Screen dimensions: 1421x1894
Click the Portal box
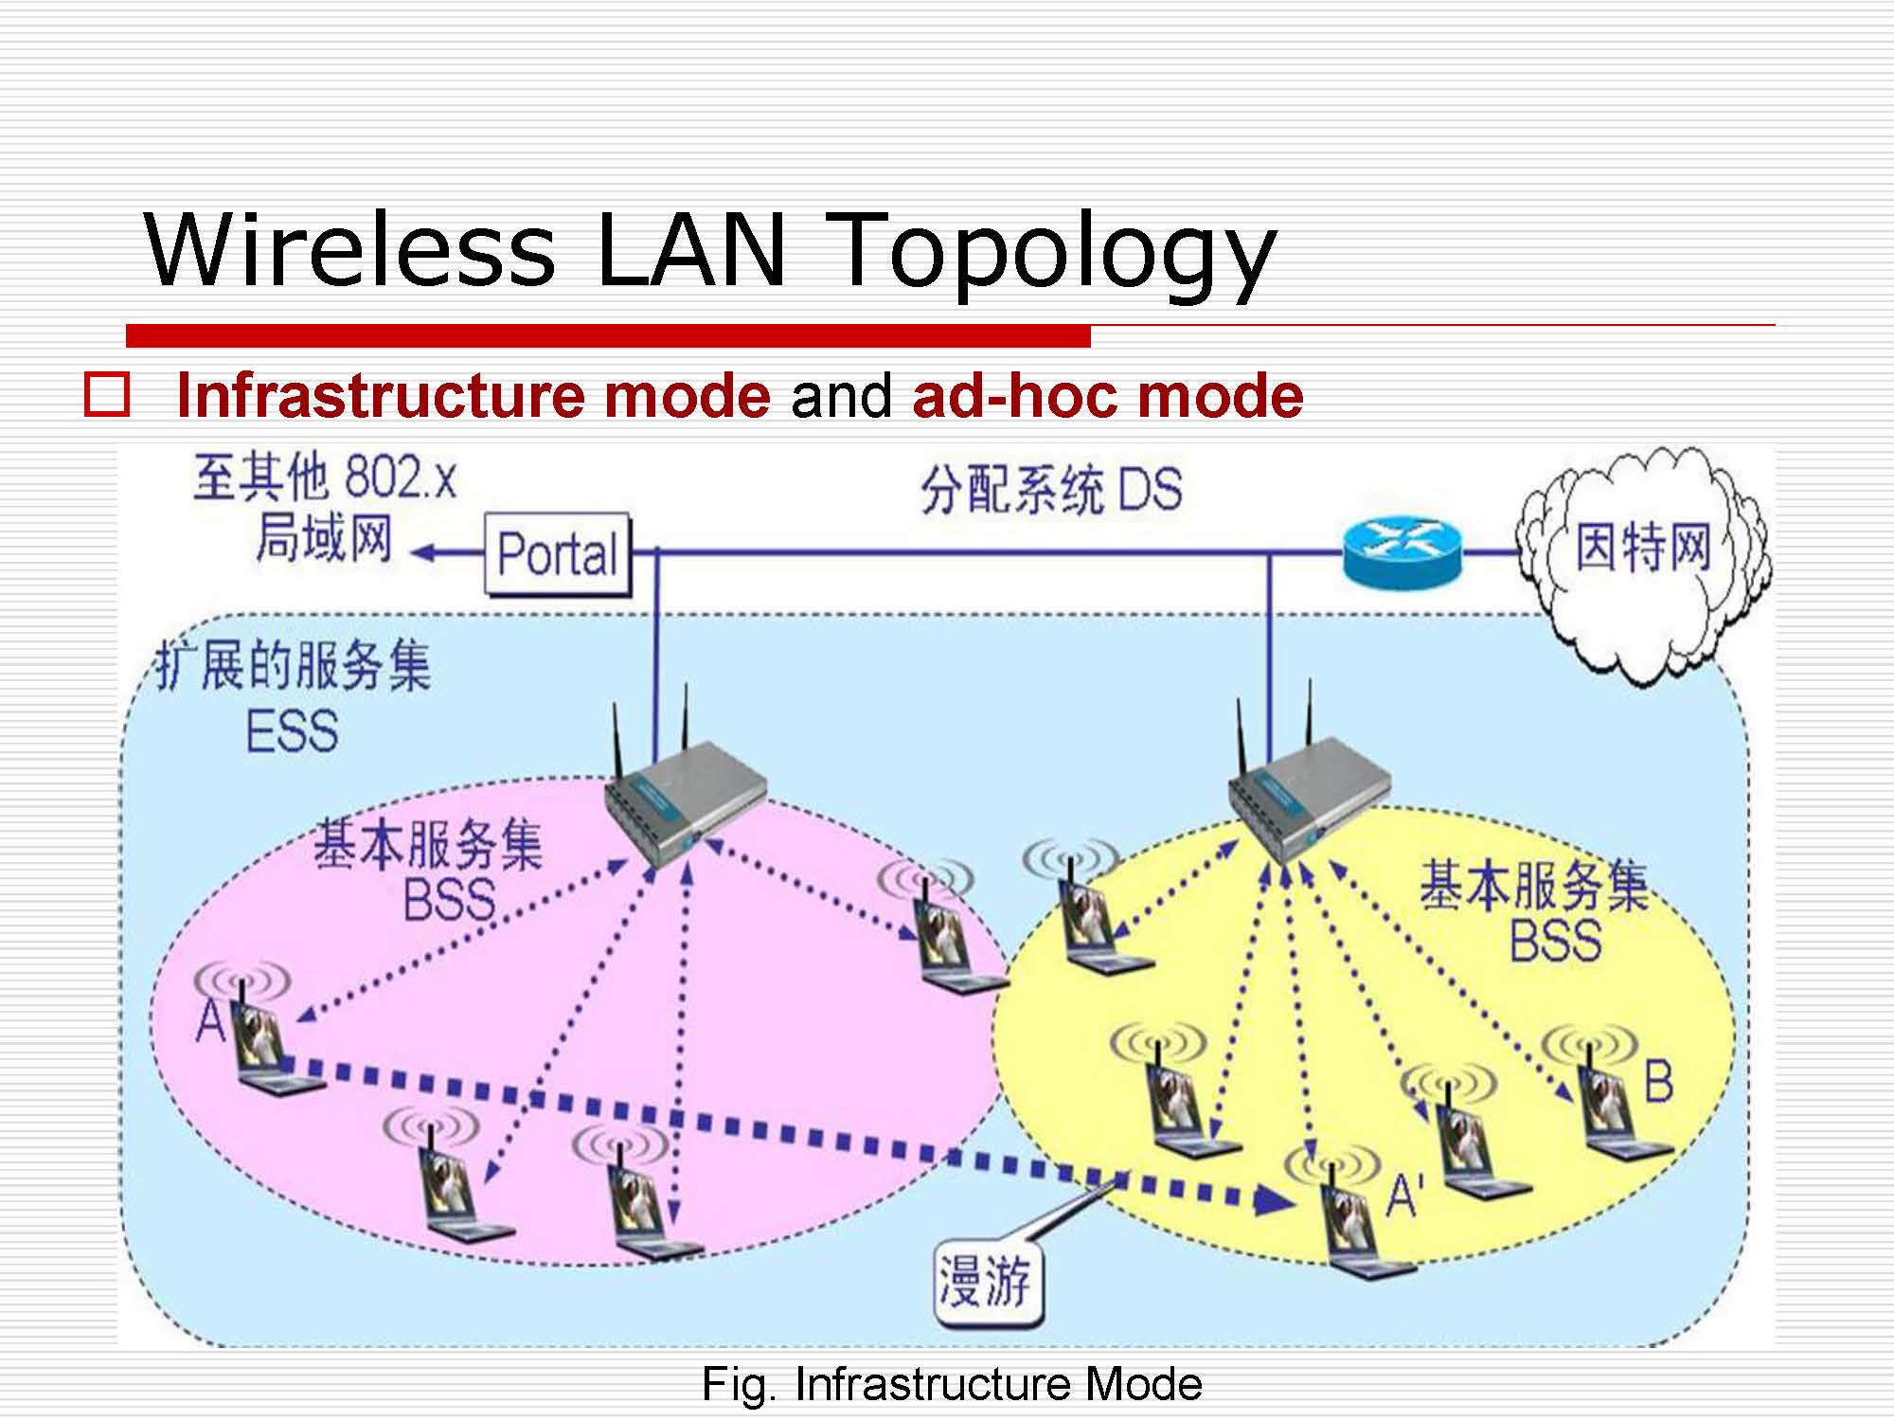coord(557,554)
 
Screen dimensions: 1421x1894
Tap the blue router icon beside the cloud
coord(1403,552)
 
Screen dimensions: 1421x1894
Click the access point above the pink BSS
coord(684,805)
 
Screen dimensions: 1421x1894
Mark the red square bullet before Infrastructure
coord(107,396)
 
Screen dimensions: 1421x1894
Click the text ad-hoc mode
coord(1108,395)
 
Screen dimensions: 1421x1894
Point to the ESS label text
coord(292,731)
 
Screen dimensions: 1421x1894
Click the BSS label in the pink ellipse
coord(449,900)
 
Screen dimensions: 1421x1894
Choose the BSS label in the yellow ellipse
coord(1555,941)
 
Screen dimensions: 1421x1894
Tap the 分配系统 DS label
coord(1051,491)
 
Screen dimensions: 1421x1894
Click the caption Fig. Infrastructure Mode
coord(951,1384)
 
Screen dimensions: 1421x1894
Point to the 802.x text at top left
coord(401,477)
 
